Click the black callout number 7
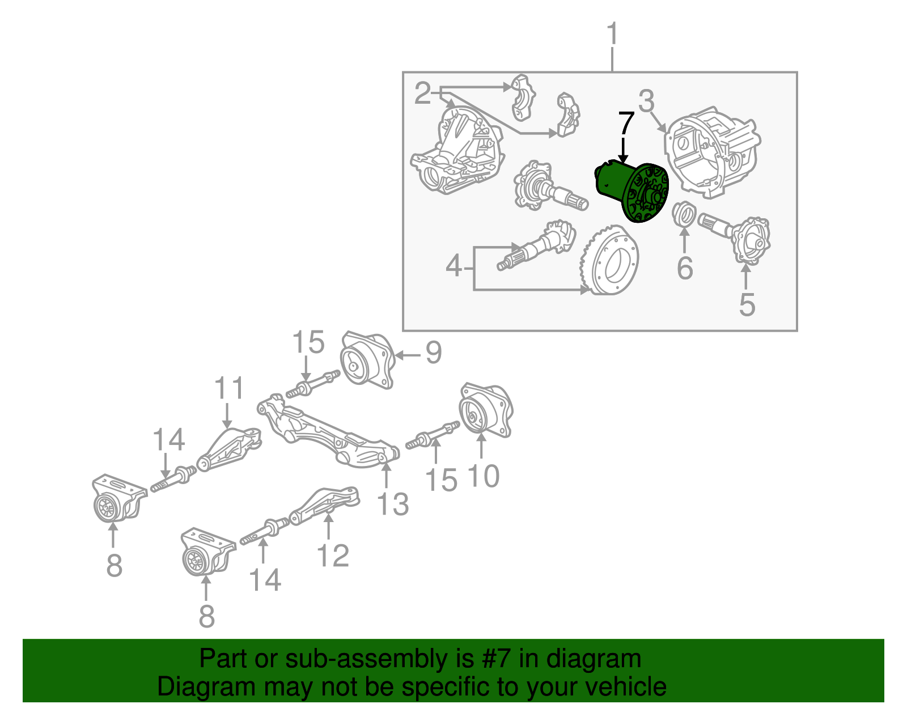[x=625, y=123]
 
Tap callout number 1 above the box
[x=612, y=35]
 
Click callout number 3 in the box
[x=646, y=101]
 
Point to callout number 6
[x=685, y=268]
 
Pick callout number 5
[x=747, y=304]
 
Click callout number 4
[x=454, y=265]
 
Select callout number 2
[x=422, y=94]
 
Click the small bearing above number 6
[x=683, y=215]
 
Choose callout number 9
[x=434, y=353]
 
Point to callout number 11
[x=229, y=388]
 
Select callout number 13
[x=393, y=503]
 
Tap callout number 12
[x=333, y=556]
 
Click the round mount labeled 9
[x=366, y=361]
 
